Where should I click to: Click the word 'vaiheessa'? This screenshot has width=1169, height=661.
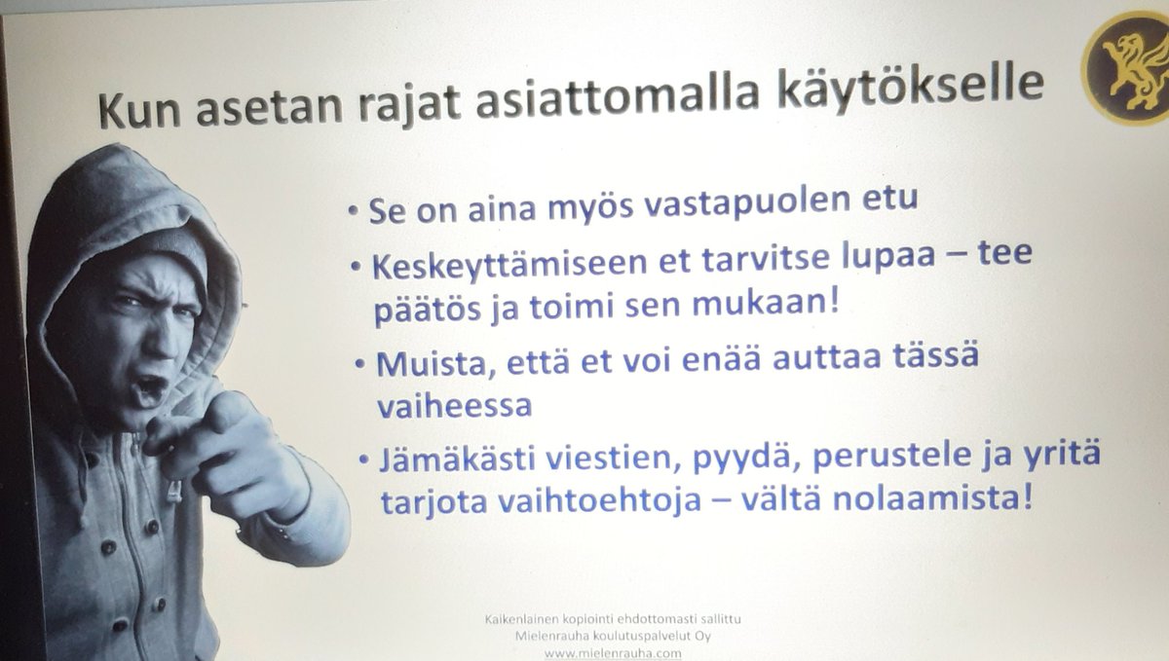coord(454,406)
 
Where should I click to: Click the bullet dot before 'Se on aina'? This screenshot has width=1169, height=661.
coord(354,212)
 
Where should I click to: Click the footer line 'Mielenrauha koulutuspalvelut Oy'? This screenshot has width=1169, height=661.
coord(618,636)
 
